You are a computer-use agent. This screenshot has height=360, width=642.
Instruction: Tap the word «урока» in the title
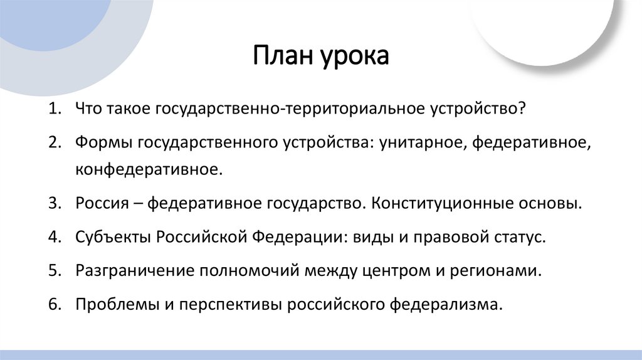click(357, 58)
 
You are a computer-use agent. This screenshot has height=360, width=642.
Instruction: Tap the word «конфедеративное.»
click(149, 170)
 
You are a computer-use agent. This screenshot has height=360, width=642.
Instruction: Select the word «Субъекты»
click(113, 238)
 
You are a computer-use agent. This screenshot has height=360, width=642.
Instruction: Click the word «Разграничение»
click(134, 271)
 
